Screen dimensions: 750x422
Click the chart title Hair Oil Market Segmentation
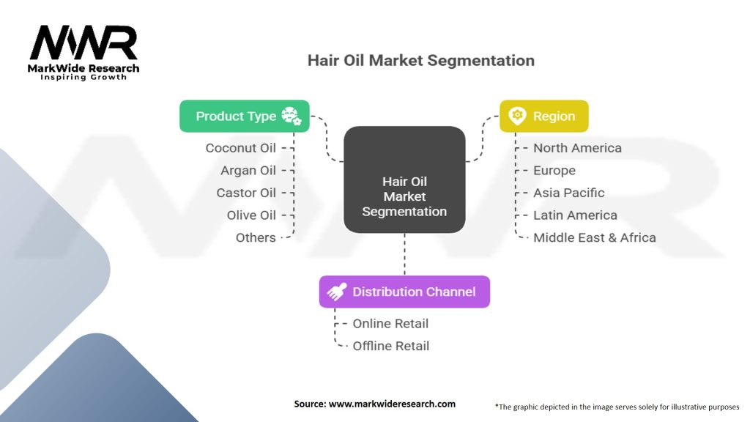click(x=420, y=60)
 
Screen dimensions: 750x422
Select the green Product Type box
click(x=245, y=116)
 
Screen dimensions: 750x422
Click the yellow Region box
click(x=543, y=116)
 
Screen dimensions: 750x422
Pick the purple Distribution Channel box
click(x=404, y=292)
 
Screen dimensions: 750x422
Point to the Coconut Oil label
click(x=241, y=148)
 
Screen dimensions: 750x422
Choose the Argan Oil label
click(x=248, y=171)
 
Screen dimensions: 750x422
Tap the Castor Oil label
click(x=246, y=193)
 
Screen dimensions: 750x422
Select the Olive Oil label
click(x=251, y=215)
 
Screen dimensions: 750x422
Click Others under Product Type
click(x=256, y=237)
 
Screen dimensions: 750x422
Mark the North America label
click(x=577, y=148)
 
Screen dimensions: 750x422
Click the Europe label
click(x=554, y=171)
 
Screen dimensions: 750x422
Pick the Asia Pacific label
click(x=569, y=193)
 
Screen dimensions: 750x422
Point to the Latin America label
click(x=575, y=215)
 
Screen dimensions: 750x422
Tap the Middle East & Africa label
click(x=595, y=237)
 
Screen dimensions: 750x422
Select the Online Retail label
click(x=390, y=323)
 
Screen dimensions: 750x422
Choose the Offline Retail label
click(x=391, y=346)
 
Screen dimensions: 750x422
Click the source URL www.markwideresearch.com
click(x=393, y=404)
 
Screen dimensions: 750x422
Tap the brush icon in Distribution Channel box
click(x=336, y=292)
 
